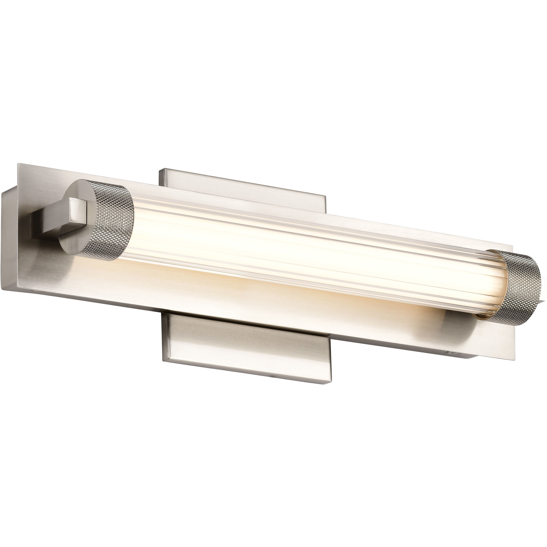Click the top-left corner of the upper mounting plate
pyautogui.click(x=160, y=169)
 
